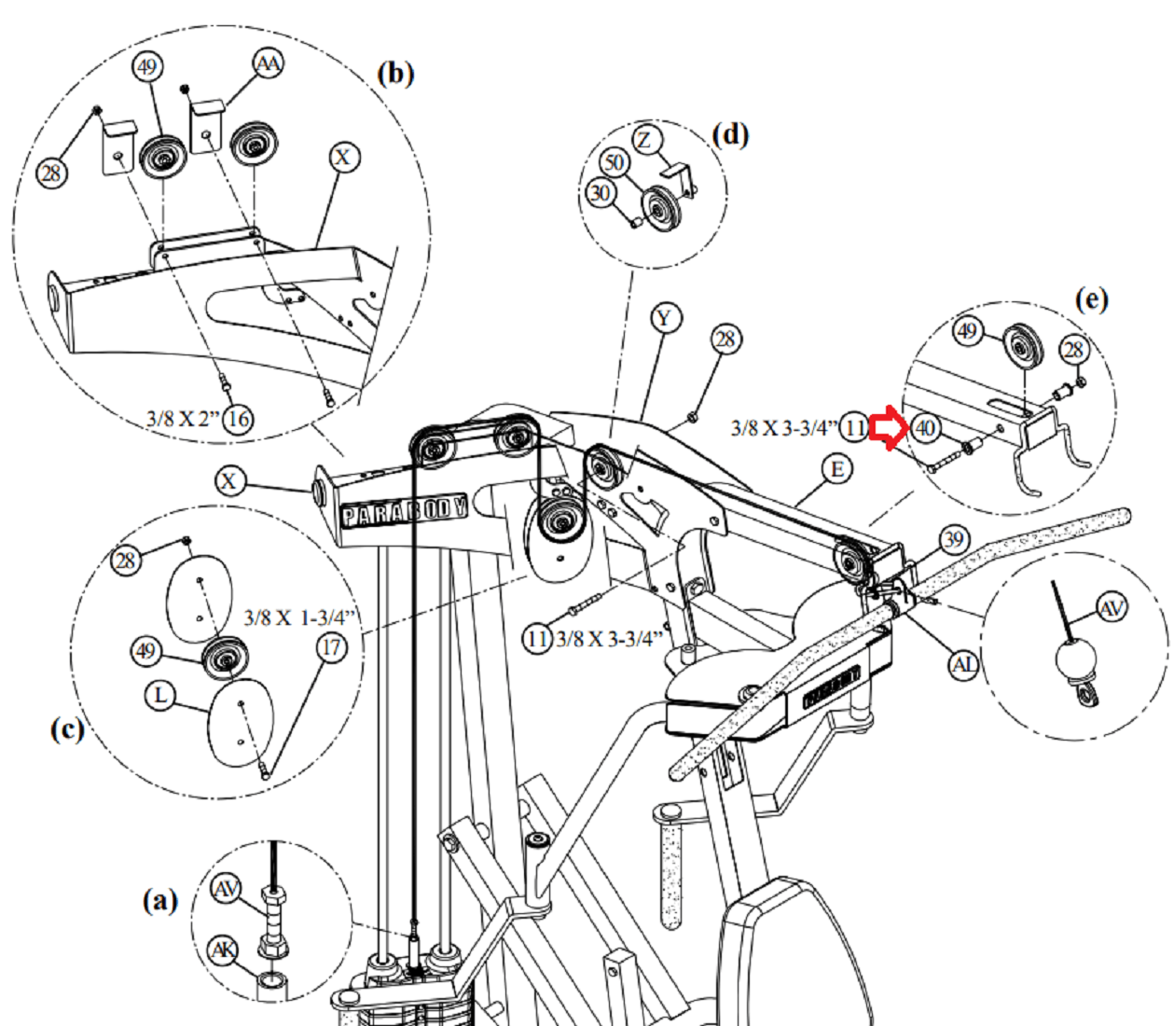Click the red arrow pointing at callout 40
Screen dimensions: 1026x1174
coord(888,428)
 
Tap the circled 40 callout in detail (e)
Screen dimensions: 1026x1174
coord(924,428)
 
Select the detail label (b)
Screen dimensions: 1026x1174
coord(395,73)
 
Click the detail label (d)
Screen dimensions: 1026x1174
coord(730,134)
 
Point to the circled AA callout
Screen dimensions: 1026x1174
coord(268,64)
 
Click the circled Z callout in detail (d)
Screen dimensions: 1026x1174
coord(646,141)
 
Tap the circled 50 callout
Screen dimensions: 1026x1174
coord(613,162)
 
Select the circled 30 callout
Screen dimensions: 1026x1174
coord(601,192)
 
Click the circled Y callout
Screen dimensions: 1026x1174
coord(664,318)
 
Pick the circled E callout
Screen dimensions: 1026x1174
coord(836,468)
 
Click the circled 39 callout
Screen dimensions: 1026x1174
coord(953,539)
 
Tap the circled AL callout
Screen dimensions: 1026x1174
coord(963,664)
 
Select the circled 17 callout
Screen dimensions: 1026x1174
coord(333,647)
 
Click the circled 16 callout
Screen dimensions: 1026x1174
coord(239,419)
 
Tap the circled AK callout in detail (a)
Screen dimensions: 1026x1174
coord(223,950)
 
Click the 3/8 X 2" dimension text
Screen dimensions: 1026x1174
coord(184,419)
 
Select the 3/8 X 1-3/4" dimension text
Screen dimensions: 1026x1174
coord(301,617)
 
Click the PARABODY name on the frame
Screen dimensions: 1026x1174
coord(404,511)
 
